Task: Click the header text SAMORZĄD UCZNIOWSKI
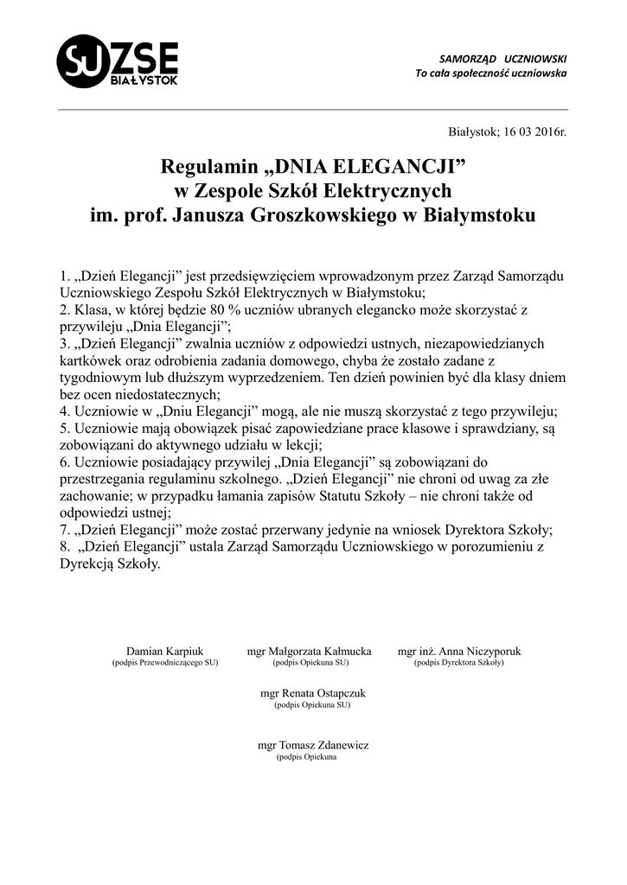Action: pos(503,57)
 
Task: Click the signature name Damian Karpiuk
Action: pos(165,651)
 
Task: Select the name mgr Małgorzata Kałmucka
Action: pos(310,651)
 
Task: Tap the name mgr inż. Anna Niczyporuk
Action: pos(459,651)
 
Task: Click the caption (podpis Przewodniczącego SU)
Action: pos(165,663)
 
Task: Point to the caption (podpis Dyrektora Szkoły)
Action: pos(459,663)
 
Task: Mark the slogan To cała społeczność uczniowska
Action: pos(491,73)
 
